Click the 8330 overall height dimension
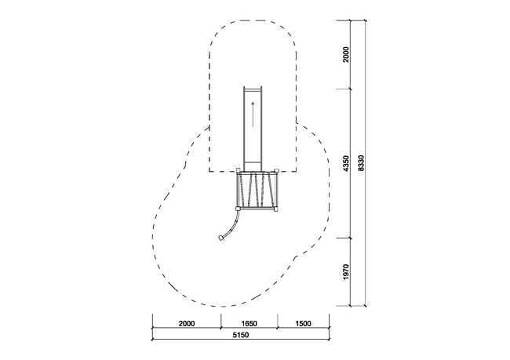tap(362, 163)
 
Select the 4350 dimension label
tap(346, 164)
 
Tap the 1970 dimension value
tap(346, 271)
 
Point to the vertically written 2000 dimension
tap(346, 54)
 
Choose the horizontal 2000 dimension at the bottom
tap(187, 323)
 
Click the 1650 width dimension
tap(250, 323)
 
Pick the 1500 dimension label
tap(303, 323)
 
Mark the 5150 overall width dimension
tap(241, 335)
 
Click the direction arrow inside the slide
tap(253, 115)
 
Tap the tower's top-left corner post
tap(238, 170)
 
